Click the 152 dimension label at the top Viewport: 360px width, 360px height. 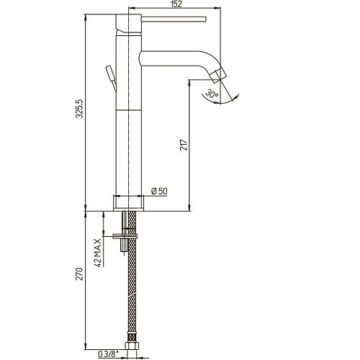(x=177, y=4)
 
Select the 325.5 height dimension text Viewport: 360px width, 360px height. (x=79, y=108)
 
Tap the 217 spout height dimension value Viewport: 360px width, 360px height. (x=184, y=145)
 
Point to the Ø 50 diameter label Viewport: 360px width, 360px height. (x=159, y=191)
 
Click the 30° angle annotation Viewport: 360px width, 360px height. (x=212, y=94)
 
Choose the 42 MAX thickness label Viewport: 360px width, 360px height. (x=98, y=253)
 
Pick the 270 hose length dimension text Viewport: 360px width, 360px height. (x=79, y=274)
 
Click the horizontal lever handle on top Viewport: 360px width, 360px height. (x=174, y=19)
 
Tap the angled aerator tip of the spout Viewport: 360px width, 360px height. (x=218, y=76)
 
